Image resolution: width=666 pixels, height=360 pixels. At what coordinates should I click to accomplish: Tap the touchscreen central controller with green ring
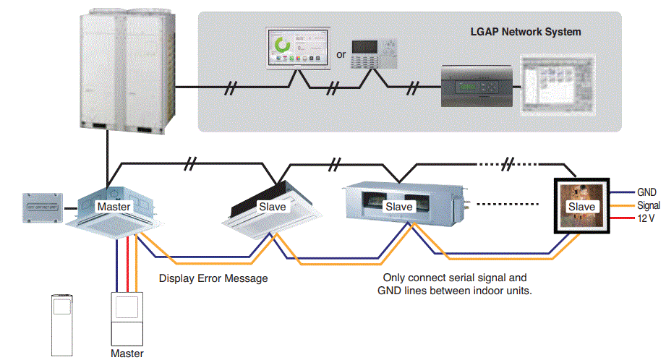point(296,48)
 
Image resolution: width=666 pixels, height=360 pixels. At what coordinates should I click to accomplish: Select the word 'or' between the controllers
point(341,54)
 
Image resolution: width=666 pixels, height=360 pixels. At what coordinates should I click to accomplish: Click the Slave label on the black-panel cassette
point(272,207)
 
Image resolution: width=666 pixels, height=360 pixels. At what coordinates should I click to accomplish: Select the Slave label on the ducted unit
point(398,207)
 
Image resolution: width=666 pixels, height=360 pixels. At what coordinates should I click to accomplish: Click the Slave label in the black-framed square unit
point(581,207)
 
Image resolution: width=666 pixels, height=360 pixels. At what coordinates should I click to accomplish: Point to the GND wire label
point(646,193)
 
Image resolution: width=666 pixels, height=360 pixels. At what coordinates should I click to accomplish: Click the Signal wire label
point(649,205)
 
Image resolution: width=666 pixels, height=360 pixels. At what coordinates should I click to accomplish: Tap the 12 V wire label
point(646,218)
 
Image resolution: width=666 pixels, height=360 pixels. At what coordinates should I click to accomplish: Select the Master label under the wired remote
point(127,353)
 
